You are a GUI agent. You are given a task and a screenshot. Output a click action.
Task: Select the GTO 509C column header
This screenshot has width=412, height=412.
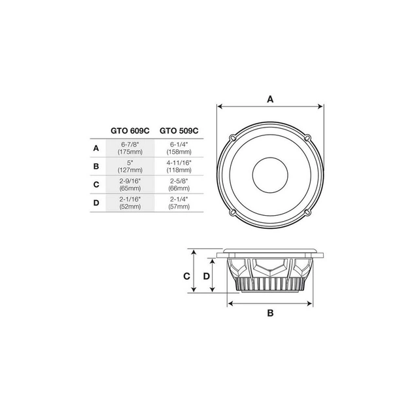coord(179,130)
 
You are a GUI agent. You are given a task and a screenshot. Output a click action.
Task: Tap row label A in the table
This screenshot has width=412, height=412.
coord(96,148)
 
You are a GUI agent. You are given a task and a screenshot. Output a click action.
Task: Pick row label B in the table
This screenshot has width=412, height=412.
coord(96,166)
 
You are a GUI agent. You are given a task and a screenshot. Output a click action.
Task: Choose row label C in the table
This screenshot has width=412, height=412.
coord(96,184)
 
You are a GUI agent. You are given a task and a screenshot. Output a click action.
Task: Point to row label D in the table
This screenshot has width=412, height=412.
coord(96,203)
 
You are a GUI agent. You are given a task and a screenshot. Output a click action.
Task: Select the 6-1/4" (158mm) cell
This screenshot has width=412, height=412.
coord(179,148)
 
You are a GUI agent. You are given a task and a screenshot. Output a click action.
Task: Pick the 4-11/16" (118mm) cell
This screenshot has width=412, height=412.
coord(179,166)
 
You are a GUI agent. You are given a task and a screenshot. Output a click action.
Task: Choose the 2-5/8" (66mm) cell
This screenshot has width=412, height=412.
coord(179,184)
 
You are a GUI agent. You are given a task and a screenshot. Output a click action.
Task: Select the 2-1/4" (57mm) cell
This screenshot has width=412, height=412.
coord(179,203)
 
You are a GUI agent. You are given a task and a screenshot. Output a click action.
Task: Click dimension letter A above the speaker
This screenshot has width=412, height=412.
coord(270,99)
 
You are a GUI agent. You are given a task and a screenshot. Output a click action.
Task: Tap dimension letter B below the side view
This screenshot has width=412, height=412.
coord(271,313)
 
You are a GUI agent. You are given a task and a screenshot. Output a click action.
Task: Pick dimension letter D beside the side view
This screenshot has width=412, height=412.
coord(207,276)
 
